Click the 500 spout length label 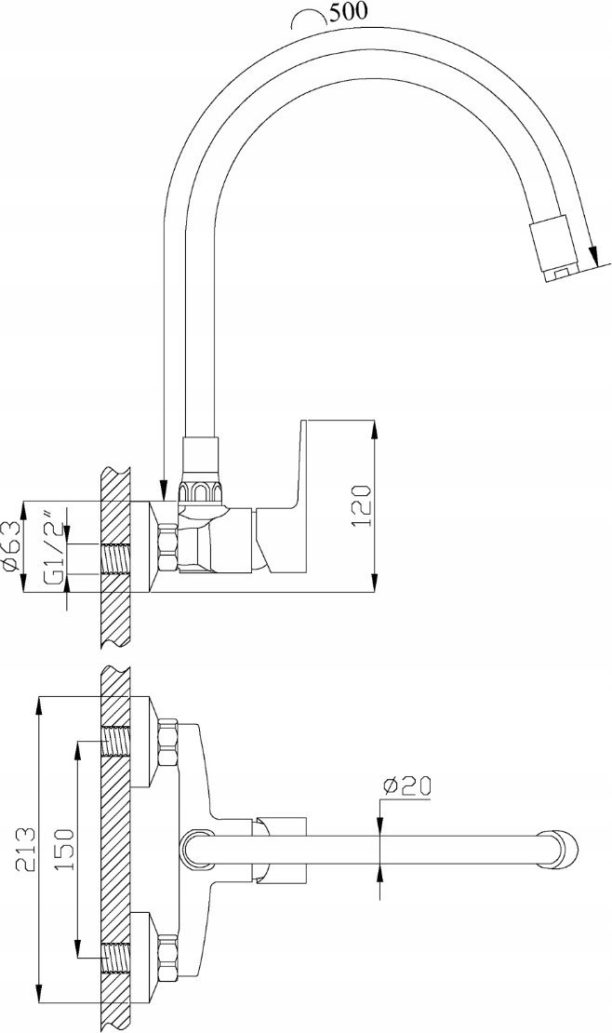[x=349, y=12]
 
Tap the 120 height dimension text [x=362, y=506]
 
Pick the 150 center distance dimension [x=66, y=849]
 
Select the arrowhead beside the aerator [x=593, y=254]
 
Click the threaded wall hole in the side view [x=116, y=558]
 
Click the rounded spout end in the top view [x=560, y=849]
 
